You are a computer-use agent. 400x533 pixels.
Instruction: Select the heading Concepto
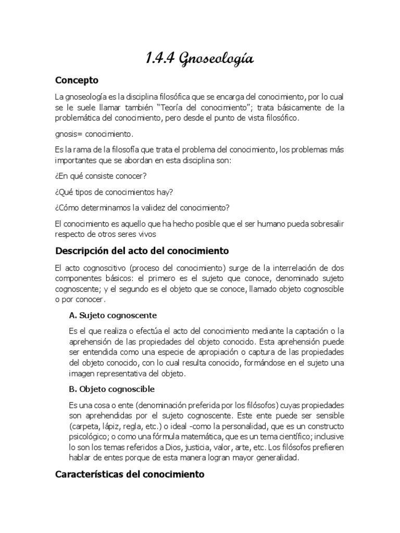click(77, 81)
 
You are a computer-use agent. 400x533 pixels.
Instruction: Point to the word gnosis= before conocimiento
click(68, 134)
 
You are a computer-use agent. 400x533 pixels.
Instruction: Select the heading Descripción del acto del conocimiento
click(142, 251)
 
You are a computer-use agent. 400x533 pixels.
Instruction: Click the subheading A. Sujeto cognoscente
click(113, 316)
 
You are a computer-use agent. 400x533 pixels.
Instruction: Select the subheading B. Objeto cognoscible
click(111, 389)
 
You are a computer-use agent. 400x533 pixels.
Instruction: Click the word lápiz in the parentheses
click(110, 426)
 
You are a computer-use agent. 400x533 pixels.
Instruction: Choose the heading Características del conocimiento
click(130, 475)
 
